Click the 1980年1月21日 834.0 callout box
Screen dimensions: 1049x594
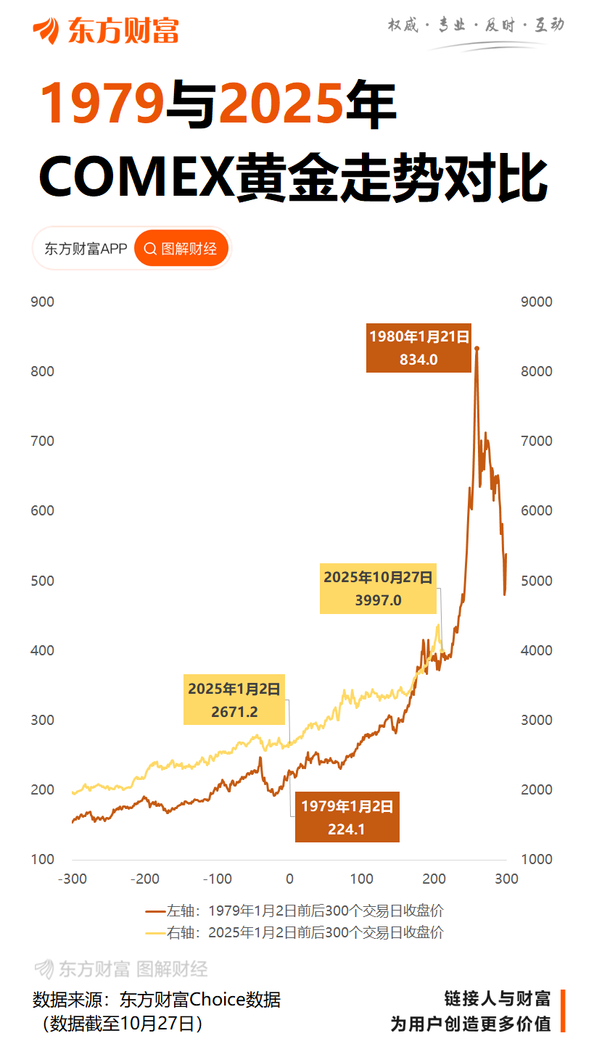click(418, 347)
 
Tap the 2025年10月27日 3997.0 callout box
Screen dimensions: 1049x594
click(378, 588)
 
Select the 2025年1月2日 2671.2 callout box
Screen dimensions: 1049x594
click(234, 700)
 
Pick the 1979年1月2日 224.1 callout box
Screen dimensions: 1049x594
click(347, 816)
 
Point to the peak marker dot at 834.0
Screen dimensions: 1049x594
click(477, 349)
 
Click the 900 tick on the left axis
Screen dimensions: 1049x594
click(43, 302)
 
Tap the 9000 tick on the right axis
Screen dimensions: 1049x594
click(537, 302)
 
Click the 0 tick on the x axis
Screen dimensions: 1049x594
click(289, 879)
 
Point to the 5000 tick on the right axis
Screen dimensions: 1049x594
click(537, 581)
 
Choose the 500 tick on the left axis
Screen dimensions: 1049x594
click(43, 581)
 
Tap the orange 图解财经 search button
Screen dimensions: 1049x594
click(181, 249)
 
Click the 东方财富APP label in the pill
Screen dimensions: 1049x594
click(86, 249)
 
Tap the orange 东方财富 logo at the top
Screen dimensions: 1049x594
click(105, 30)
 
